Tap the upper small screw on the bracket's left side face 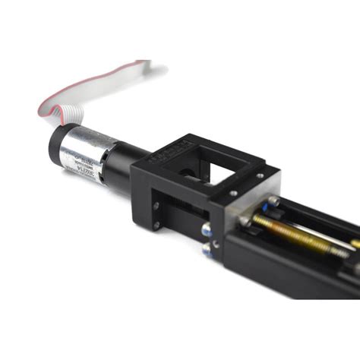(155, 203)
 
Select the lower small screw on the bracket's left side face (156, 225)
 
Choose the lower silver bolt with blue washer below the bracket (207, 250)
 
